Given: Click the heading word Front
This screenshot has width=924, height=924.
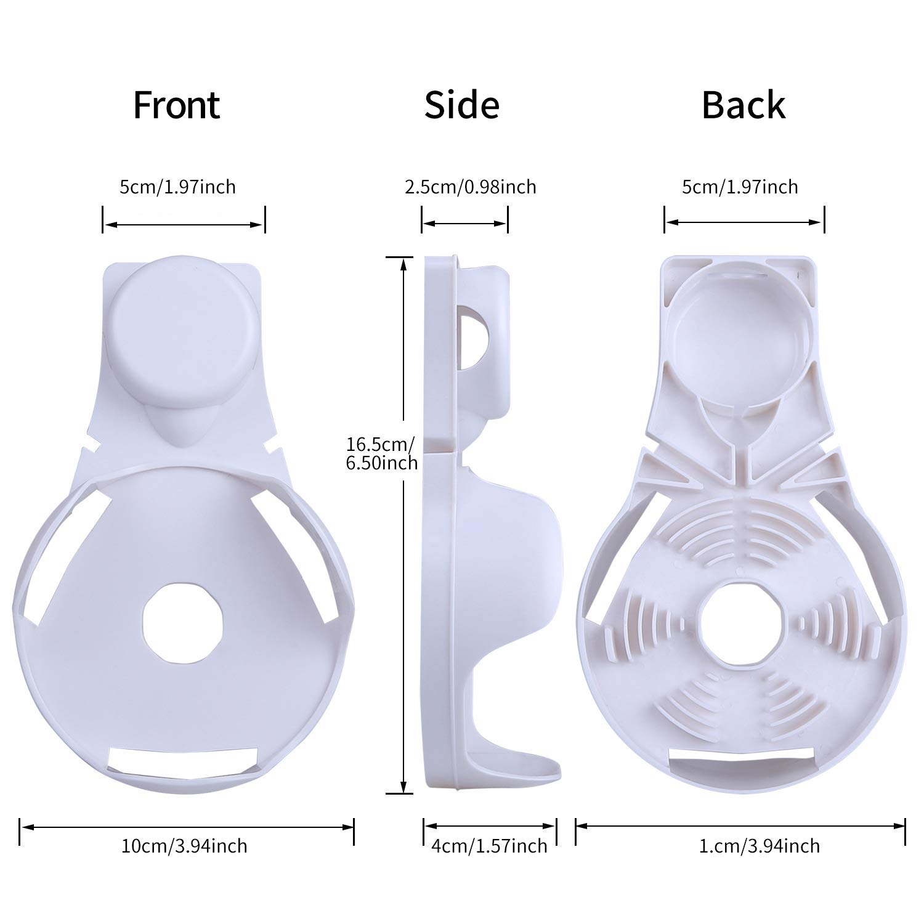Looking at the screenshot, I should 176,105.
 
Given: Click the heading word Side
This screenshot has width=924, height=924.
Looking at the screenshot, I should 461,105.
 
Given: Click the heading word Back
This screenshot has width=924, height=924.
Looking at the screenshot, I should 744,105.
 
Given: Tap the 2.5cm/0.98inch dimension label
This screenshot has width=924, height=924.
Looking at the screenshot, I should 470,187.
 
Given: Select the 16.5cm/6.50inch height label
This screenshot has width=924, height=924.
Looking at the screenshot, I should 381,453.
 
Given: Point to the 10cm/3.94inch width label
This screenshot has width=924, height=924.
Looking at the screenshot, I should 185,846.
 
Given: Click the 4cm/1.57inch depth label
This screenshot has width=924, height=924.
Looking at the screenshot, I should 489,846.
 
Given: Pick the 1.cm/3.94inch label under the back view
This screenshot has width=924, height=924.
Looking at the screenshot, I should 759,846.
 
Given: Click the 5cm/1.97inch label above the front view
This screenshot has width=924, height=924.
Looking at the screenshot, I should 177,187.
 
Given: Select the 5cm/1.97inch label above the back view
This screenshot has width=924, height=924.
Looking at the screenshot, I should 740,187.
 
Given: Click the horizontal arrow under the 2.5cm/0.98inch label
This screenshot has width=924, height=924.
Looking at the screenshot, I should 464,224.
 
